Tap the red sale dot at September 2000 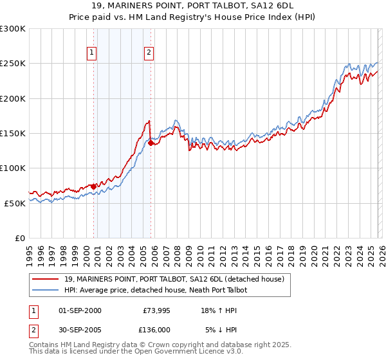[x=93, y=186]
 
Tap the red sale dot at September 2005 [x=151, y=143]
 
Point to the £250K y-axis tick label [x=13, y=64]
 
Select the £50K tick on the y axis [x=15, y=203]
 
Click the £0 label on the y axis [x=20, y=238]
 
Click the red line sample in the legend [x=46, y=279]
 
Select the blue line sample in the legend [x=46, y=290]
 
